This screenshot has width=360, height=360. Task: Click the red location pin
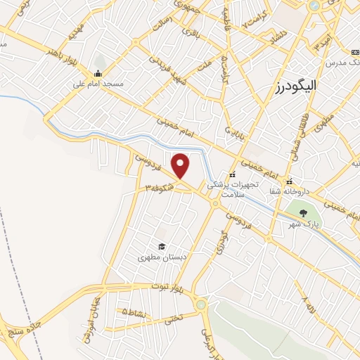(181, 166)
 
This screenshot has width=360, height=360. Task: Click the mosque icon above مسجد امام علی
(98, 73)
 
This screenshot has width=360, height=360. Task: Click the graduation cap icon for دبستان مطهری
(162, 246)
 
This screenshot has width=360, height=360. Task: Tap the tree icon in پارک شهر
(303, 213)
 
